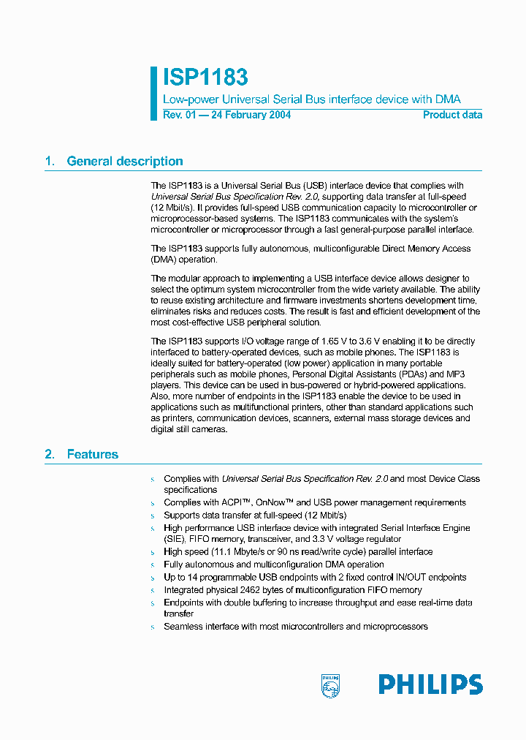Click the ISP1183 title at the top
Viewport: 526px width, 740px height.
pos(205,78)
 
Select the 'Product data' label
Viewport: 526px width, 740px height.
pos(452,115)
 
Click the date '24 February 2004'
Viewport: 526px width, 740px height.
pos(251,115)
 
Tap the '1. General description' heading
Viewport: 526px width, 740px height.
pos(114,162)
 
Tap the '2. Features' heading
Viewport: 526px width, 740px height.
pos(82,454)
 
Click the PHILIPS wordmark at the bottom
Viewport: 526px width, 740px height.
pos(430,685)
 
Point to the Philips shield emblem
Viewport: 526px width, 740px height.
pos(330,685)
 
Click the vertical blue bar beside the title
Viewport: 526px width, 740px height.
pos(153,94)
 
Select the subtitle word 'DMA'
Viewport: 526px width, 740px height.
pos(448,99)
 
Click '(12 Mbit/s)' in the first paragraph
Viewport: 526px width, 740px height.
pos(172,208)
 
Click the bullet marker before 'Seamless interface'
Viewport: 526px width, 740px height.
pos(153,627)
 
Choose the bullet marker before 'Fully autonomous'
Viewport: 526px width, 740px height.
pos(153,565)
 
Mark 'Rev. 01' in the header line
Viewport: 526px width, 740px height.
pos(179,115)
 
